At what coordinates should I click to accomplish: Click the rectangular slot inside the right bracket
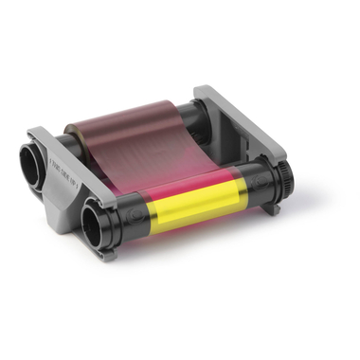[x=237, y=134]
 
